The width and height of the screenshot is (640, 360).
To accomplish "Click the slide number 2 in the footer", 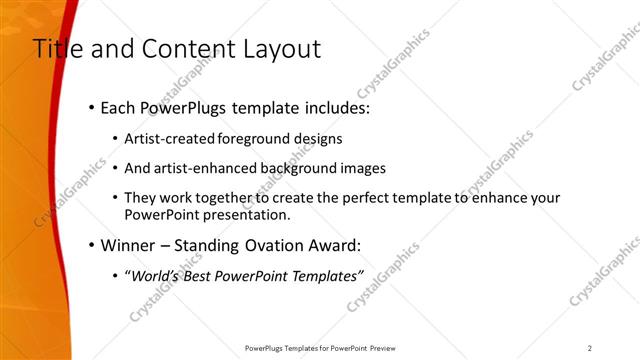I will point(590,347).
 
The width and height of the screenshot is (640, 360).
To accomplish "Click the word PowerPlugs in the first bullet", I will point(186,106).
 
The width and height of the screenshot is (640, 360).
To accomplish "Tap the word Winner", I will point(127,245).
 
